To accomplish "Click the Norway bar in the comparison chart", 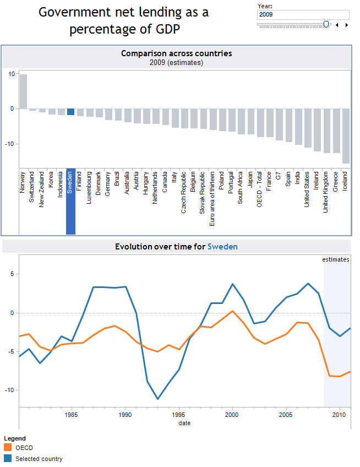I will [x=23, y=91].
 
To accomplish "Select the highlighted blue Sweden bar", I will [x=70, y=112].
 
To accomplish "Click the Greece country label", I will [x=335, y=181].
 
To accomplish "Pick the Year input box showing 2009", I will [x=303, y=15].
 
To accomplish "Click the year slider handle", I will [x=326, y=24].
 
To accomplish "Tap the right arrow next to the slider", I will [x=347, y=25].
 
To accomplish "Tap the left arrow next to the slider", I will [x=337, y=25].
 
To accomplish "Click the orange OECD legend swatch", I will [x=8, y=448].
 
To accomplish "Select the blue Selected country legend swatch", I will [x=8, y=458].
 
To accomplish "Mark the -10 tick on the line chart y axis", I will [x=10, y=390].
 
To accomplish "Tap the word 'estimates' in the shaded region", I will [x=336, y=259].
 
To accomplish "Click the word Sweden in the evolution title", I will [x=222, y=247].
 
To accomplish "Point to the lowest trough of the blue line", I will [x=158, y=399].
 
